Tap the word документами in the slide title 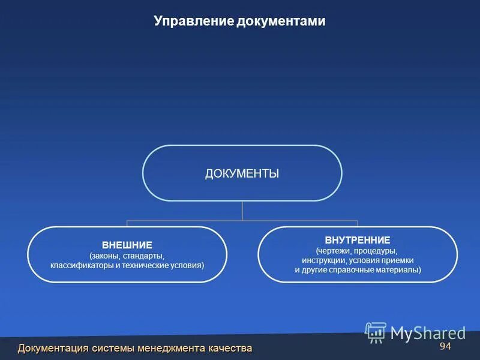(x=281, y=21)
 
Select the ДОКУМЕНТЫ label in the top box (x=242, y=173)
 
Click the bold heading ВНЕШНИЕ (x=127, y=245)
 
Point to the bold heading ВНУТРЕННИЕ (x=358, y=240)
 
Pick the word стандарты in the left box (x=143, y=256)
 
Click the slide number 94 (x=445, y=347)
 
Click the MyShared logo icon (x=376, y=332)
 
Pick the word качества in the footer (x=230, y=348)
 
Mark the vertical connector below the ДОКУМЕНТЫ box (x=242, y=211)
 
